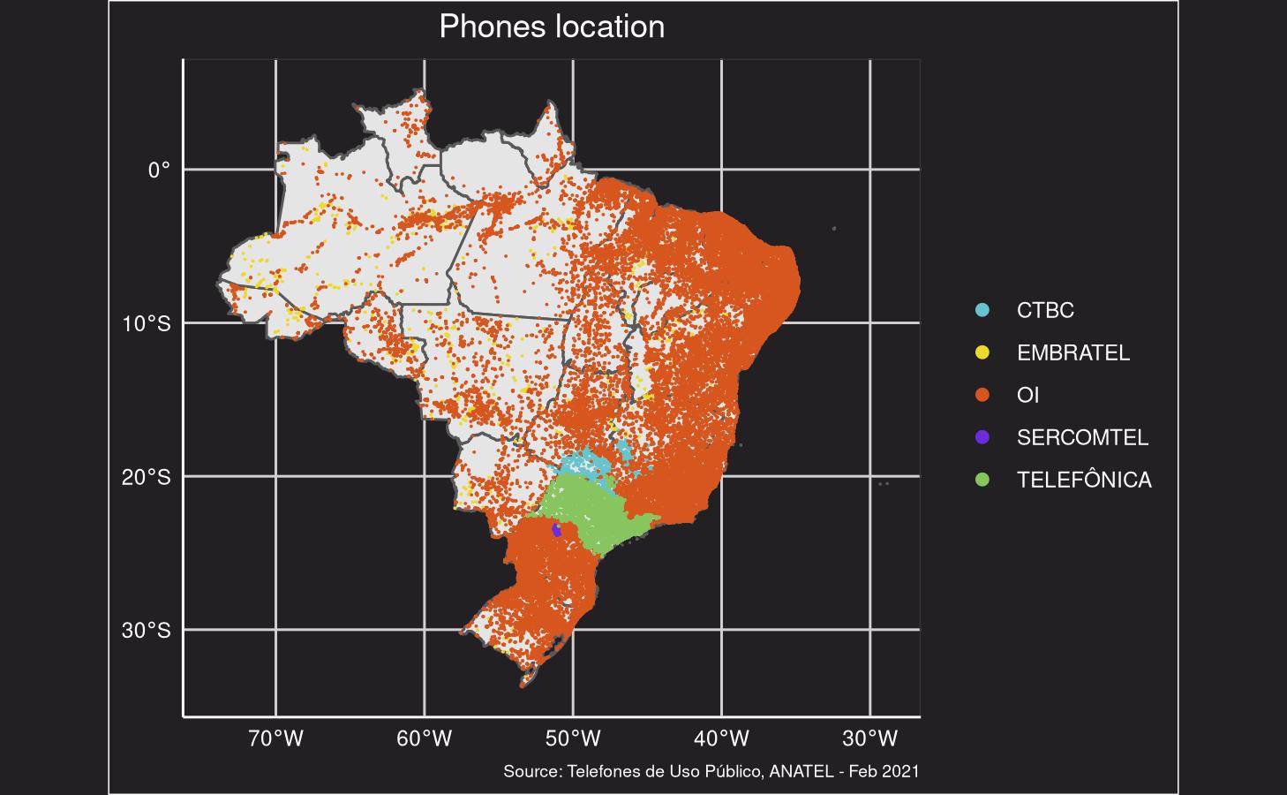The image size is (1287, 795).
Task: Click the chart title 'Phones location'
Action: point(552,26)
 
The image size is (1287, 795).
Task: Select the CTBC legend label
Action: point(1045,311)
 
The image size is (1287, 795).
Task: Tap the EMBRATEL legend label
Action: point(1072,353)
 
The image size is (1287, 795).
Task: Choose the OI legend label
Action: point(1027,396)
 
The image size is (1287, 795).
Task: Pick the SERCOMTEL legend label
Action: point(1082,438)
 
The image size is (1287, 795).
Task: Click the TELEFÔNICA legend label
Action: point(1084,481)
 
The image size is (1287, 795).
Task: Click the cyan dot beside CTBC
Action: point(982,311)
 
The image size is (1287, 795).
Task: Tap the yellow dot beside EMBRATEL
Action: point(982,353)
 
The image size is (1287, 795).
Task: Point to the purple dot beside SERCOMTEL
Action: point(982,438)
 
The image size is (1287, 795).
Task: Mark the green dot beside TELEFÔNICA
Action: point(982,481)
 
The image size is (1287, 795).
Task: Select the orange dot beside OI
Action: point(982,396)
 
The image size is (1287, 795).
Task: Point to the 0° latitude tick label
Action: point(159,170)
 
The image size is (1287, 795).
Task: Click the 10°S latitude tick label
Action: point(147,323)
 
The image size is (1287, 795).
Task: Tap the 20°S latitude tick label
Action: point(147,477)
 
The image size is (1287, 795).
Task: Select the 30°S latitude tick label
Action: point(147,631)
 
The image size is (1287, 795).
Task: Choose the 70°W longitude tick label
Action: point(276,738)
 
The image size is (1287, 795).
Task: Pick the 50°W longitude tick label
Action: point(574,738)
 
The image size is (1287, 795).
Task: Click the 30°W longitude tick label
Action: point(870,738)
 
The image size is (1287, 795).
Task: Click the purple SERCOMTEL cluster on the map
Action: point(556,530)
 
